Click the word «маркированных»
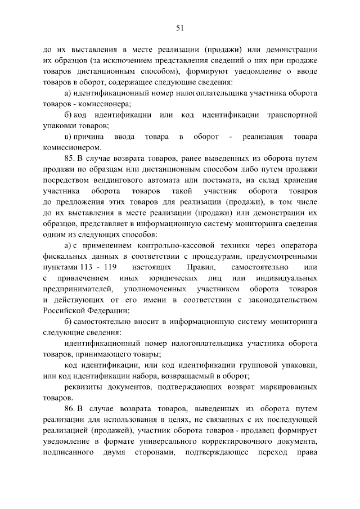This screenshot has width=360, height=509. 287,386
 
